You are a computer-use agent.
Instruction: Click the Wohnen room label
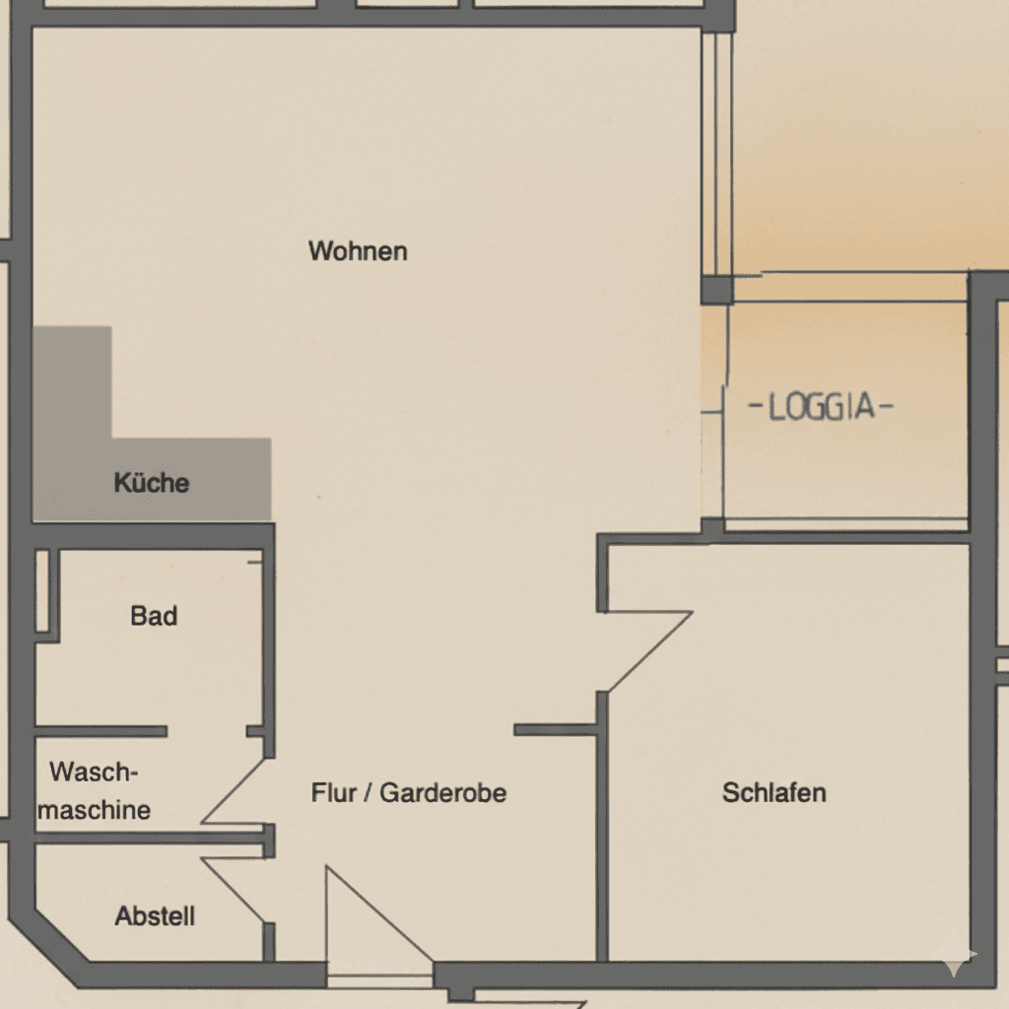tap(358, 251)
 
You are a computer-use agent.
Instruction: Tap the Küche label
tap(152, 483)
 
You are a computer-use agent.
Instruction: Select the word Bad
tap(154, 617)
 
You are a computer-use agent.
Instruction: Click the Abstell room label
tap(155, 916)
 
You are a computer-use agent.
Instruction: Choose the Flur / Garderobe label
tap(409, 792)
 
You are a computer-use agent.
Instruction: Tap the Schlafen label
tap(774, 792)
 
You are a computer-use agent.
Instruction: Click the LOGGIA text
tap(821, 407)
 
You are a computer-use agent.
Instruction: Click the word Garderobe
tap(443, 792)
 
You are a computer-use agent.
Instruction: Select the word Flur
tap(333, 792)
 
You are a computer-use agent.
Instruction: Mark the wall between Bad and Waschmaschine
tap(99, 731)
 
